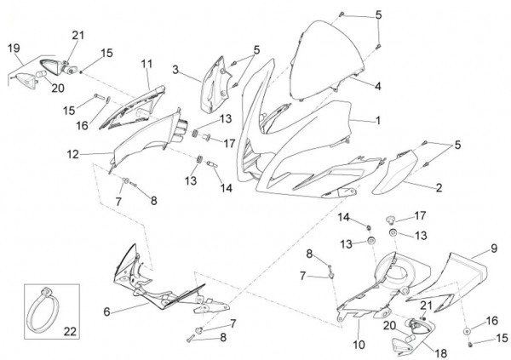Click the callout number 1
379,122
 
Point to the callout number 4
378,86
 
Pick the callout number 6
106,311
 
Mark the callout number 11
146,64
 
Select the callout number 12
96,154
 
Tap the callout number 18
418,351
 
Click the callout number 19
13,49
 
